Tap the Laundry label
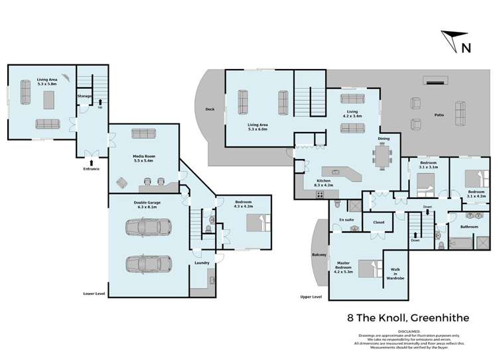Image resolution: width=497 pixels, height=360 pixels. pos(202,263)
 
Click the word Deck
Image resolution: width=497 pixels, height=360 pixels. pos(210,109)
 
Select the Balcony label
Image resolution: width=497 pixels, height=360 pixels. pos(319,253)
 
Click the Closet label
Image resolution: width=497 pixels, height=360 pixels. pos(379,222)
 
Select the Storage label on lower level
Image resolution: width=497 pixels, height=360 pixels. pos(84,95)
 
